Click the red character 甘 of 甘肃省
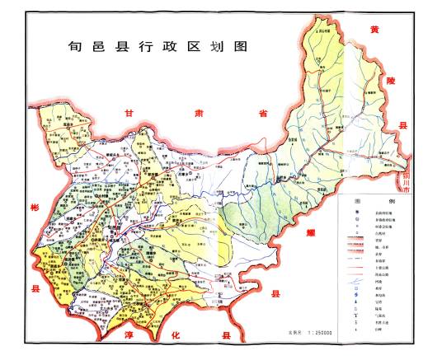(x=128, y=114)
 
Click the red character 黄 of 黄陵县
(x=376, y=30)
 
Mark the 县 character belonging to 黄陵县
(x=404, y=125)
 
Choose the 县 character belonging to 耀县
(x=277, y=292)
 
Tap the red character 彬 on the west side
(x=34, y=207)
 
